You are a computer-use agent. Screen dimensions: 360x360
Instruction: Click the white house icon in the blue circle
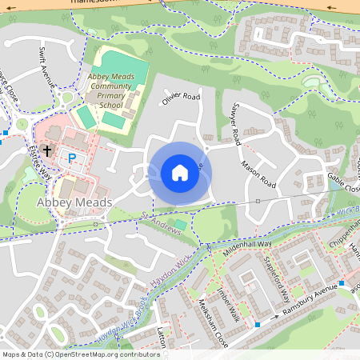click(x=179, y=172)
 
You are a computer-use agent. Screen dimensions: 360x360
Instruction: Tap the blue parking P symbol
click(x=71, y=158)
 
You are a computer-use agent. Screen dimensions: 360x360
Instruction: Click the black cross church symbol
click(x=46, y=150)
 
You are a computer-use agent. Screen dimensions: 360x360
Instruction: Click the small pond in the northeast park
click(x=310, y=82)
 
